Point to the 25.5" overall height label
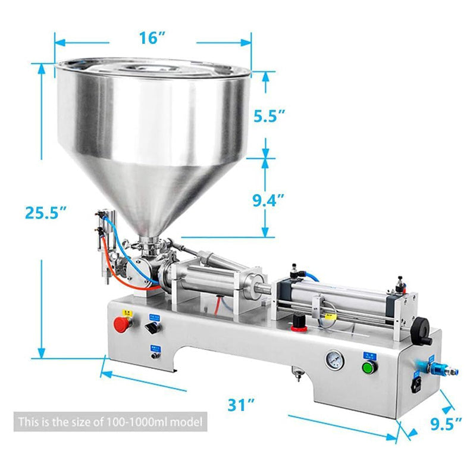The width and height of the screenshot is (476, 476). tap(45, 212)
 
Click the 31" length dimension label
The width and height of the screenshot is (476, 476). tap(242, 405)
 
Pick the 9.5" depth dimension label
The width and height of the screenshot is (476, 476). tap(446, 424)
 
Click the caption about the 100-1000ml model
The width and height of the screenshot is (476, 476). tap(110, 422)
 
